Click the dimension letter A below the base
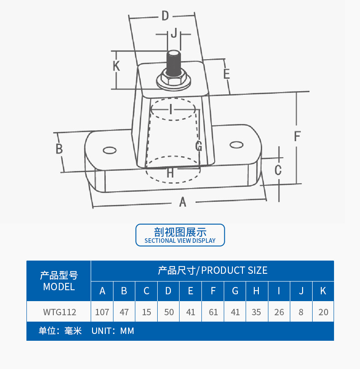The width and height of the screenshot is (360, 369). [x=183, y=202]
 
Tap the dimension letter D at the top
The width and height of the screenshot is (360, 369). [x=165, y=16]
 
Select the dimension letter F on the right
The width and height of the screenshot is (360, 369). [x=297, y=136]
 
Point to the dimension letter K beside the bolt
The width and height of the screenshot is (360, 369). [x=116, y=66]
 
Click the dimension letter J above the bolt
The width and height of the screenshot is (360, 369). [x=173, y=33]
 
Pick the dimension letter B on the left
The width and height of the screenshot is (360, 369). [x=59, y=149]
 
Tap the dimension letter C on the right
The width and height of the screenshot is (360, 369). [x=278, y=170]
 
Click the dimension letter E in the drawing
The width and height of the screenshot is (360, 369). [x=226, y=73]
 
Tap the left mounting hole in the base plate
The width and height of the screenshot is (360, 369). [x=109, y=150]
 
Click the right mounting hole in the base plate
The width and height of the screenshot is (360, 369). [x=236, y=145]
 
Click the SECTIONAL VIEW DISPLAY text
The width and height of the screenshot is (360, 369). [x=180, y=241]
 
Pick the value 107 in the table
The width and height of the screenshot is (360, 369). [x=103, y=313]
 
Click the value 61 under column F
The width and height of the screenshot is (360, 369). [x=213, y=313]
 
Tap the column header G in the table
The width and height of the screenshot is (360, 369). [x=235, y=291]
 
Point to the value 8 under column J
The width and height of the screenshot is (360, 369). [x=301, y=313]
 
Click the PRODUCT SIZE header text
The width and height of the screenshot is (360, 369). [x=234, y=270]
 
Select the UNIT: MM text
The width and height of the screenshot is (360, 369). [x=113, y=331]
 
